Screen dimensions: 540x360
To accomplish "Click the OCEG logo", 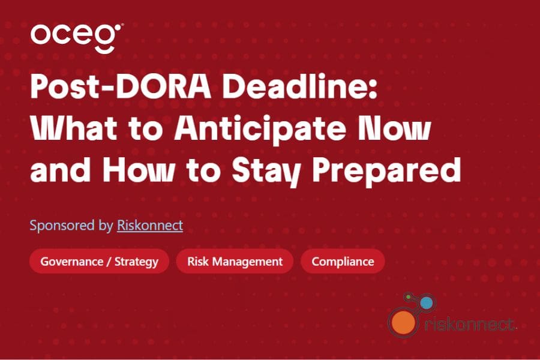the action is (77, 38).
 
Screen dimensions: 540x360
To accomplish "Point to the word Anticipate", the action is (260, 130).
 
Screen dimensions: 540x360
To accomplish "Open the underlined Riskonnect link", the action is (150, 226).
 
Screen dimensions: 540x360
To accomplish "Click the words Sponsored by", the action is (71, 226).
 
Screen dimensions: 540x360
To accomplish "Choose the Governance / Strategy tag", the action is (99, 262).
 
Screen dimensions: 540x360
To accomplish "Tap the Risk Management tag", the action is (235, 262).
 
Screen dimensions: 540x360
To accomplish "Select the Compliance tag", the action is (343, 262).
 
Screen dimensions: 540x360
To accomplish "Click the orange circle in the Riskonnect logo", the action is (403, 322).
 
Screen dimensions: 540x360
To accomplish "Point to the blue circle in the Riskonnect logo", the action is (427, 303).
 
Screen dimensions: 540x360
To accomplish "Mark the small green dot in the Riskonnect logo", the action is (409, 297).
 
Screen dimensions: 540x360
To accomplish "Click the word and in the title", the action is (61, 170).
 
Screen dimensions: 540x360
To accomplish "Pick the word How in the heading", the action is (138, 170).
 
